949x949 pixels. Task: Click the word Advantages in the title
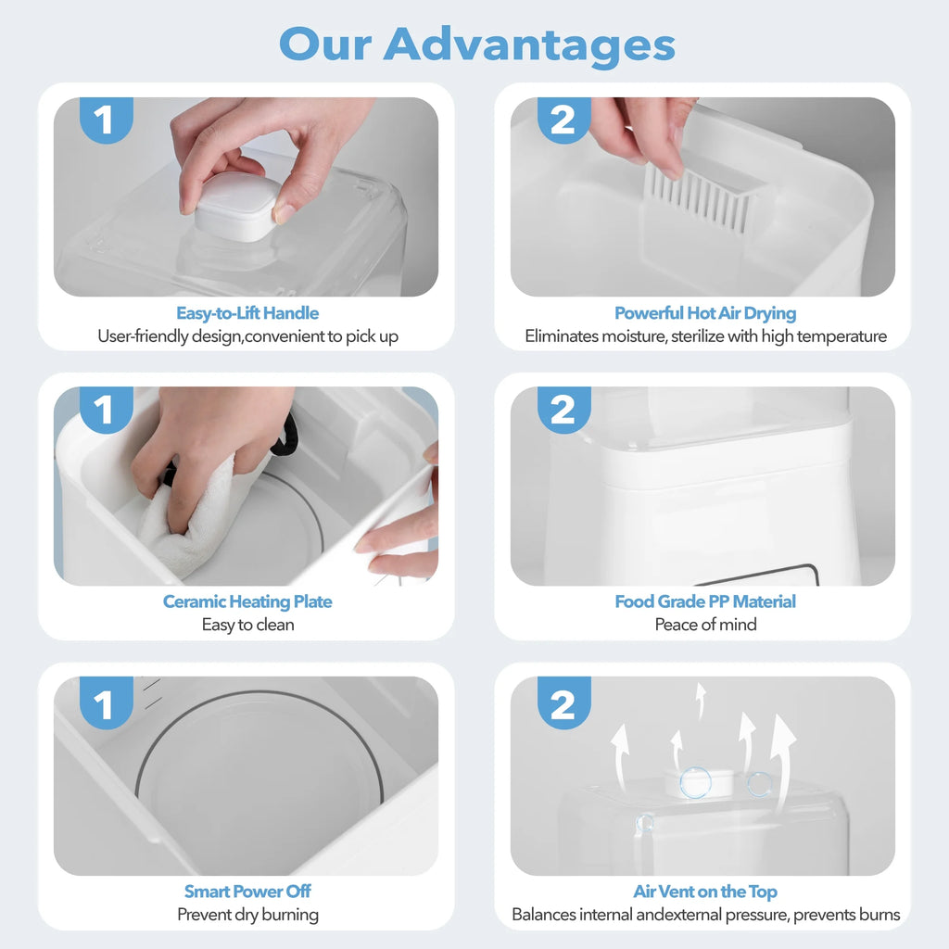click(x=529, y=44)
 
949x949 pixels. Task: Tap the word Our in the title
click(x=324, y=44)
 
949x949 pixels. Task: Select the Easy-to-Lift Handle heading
click(x=247, y=313)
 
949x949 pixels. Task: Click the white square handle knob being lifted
click(x=236, y=209)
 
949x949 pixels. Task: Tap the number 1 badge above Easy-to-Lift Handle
click(x=105, y=120)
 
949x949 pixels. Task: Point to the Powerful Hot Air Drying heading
click(x=705, y=313)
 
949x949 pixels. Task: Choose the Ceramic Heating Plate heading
click(x=247, y=601)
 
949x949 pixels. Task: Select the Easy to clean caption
click(x=247, y=625)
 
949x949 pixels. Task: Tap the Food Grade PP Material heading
click(x=705, y=601)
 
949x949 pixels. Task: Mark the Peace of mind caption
click(x=705, y=625)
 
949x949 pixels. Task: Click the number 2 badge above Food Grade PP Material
click(x=563, y=410)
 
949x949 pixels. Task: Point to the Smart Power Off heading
click(x=247, y=892)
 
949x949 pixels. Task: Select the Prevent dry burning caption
click(x=247, y=915)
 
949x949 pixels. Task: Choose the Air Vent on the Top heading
click(x=705, y=892)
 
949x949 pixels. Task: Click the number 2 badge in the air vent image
click(x=563, y=706)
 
